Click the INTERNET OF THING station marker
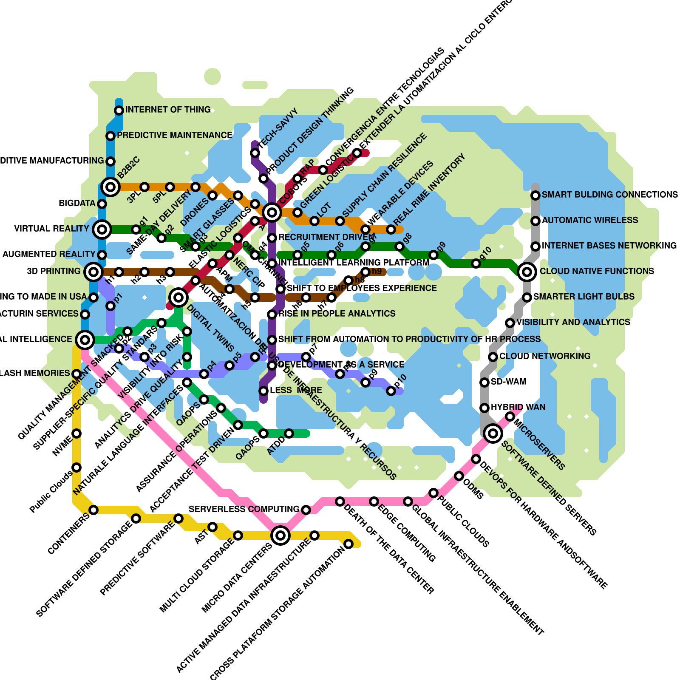[x=119, y=110]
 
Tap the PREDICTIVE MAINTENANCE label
[x=174, y=135]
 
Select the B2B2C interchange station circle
[x=110, y=187]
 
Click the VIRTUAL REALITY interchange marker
[x=102, y=229]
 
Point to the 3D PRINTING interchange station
[x=93, y=272]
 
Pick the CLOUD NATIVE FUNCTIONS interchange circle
[x=527, y=272]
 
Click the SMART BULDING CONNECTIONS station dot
[x=535, y=195]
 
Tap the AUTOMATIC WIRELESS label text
[x=590, y=220]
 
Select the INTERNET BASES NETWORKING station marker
[x=535, y=246]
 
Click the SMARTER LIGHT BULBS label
[x=584, y=297]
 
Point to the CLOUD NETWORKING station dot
[x=493, y=357]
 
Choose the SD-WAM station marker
[x=484, y=382]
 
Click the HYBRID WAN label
[x=518, y=407]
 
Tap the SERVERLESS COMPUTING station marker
[x=306, y=510]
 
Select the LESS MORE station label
[x=296, y=390]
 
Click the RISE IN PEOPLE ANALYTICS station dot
[x=272, y=314]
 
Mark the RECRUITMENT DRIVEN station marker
[x=272, y=238]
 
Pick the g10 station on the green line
[x=476, y=263]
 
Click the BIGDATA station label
[x=77, y=203]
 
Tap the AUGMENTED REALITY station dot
[x=102, y=255]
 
